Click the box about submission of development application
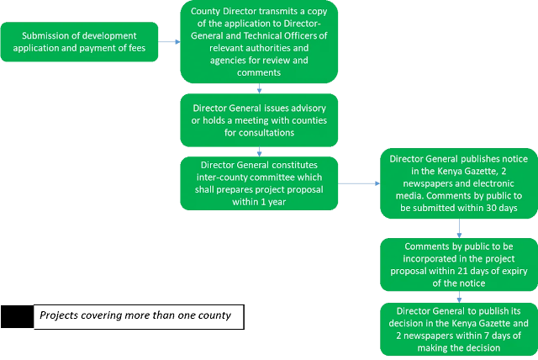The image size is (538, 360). tap(79, 42)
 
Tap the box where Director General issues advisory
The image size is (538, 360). tap(259, 120)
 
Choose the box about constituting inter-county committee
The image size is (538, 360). tap(259, 183)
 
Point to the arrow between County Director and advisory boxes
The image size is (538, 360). tap(259, 88)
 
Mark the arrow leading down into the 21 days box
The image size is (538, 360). tap(458, 229)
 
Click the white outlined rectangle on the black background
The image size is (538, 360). tap(17, 316)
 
